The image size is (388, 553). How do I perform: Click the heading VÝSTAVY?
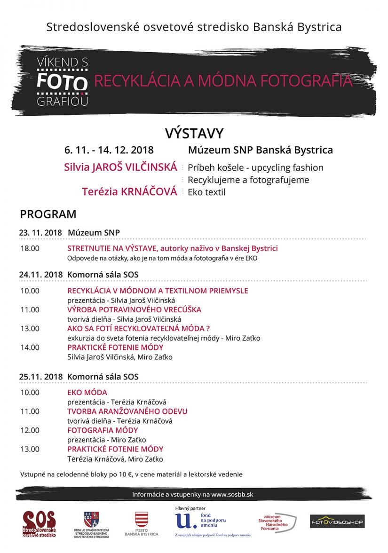pyautogui.click(x=194, y=134)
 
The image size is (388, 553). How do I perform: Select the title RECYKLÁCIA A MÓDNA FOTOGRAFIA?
pyautogui.click(x=223, y=81)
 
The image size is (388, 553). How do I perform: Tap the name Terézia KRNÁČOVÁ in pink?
pyautogui.click(x=129, y=192)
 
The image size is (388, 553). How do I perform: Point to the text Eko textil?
pyautogui.click(x=206, y=192)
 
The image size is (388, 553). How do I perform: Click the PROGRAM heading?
pyautogui.click(x=48, y=214)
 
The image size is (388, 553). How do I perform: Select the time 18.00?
pyautogui.click(x=30, y=248)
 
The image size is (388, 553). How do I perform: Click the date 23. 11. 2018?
pyautogui.click(x=40, y=232)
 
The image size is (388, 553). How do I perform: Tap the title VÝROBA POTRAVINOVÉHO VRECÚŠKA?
pyautogui.click(x=134, y=309)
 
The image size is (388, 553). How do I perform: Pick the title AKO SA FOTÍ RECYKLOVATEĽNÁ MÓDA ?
pyautogui.click(x=138, y=328)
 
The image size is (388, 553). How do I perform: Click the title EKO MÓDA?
pyautogui.click(x=87, y=392)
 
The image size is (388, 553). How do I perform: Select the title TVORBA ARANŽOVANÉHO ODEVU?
pyautogui.click(x=127, y=411)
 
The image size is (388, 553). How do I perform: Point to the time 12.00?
pyautogui.click(x=30, y=430)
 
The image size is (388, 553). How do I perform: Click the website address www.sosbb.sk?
pyautogui.click(x=232, y=494)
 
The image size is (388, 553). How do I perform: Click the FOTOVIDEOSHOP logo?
pyautogui.click(x=337, y=521)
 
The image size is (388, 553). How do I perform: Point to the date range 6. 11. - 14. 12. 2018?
pyautogui.click(x=109, y=150)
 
